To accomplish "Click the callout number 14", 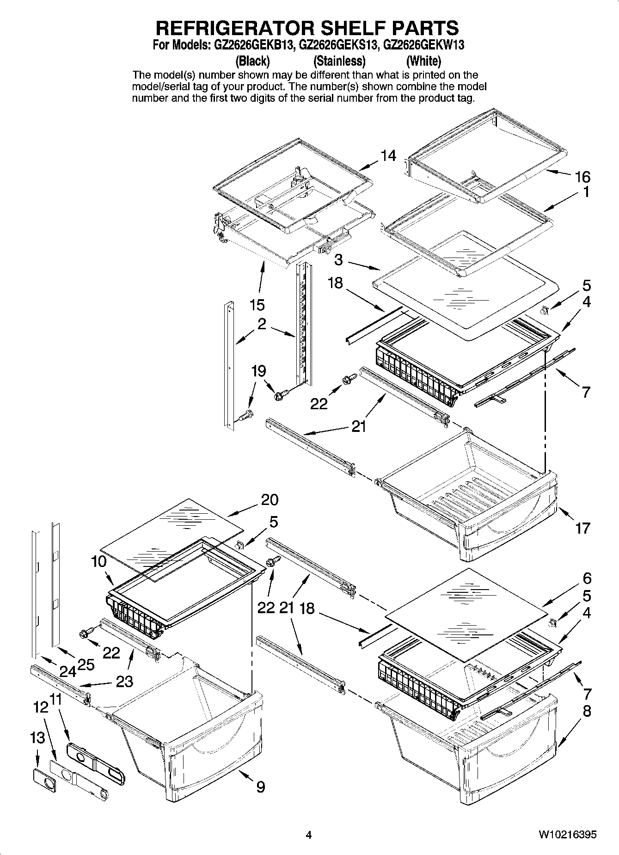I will (x=388, y=156).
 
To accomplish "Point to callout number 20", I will (x=270, y=499).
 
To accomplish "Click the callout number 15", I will (x=257, y=305).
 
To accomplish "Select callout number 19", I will (x=258, y=371).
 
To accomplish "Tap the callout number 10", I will (x=99, y=562).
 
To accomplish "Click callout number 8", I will (x=587, y=711).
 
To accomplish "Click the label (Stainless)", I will (x=339, y=61).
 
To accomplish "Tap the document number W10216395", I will (x=567, y=835).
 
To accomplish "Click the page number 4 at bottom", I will (x=309, y=835).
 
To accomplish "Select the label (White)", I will (x=423, y=61).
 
